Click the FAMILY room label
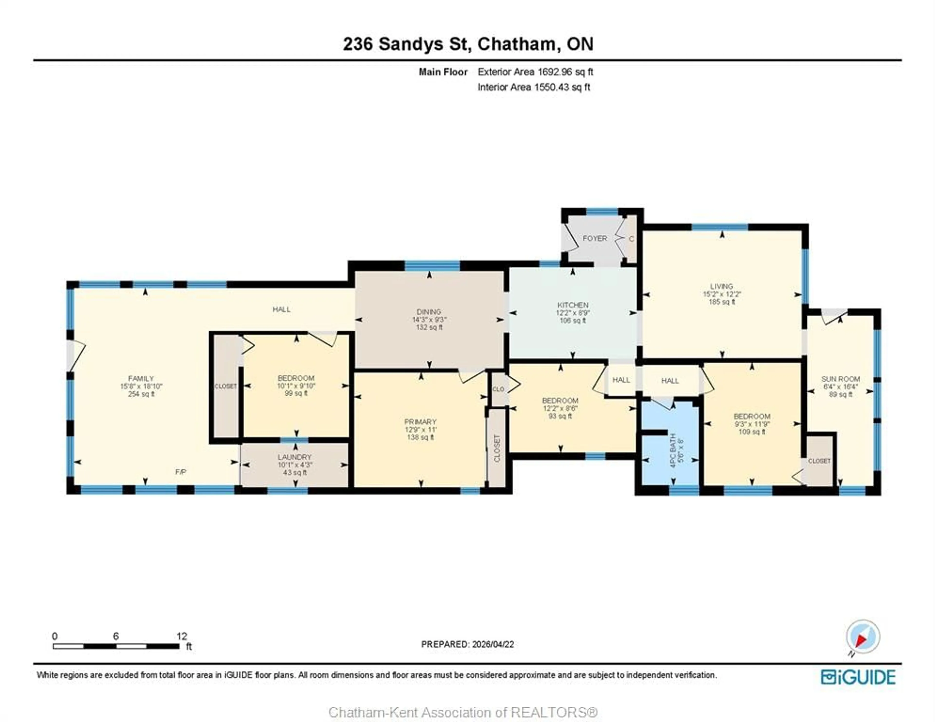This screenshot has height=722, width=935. pyautogui.click(x=141, y=378)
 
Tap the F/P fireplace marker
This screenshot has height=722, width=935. pyautogui.click(x=181, y=472)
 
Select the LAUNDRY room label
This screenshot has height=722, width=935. pyautogui.click(x=295, y=457)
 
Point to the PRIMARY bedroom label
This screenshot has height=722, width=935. pyautogui.click(x=421, y=421)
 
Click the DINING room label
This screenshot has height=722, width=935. pyautogui.click(x=429, y=311)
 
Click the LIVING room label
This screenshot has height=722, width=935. pyautogui.click(x=722, y=286)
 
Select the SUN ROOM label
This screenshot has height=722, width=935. pyautogui.click(x=840, y=379)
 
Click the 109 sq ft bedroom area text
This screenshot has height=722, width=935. pyautogui.click(x=752, y=432)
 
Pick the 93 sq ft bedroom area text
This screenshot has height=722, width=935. pyautogui.click(x=560, y=416)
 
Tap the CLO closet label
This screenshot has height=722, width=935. pyautogui.click(x=498, y=389)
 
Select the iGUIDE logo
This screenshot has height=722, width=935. pyautogui.click(x=858, y=677)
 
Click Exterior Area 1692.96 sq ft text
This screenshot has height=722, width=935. pyautogui.click(x=535, y=72)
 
